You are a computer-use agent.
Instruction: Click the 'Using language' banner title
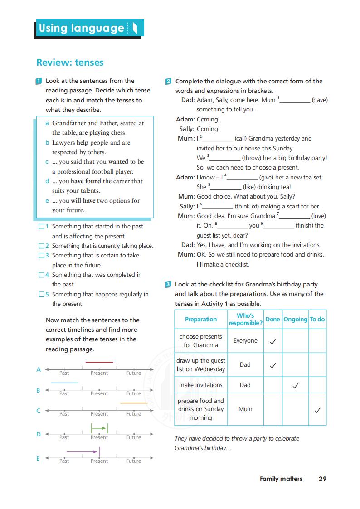[82, 28]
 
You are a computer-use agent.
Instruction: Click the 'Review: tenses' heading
[70, 63]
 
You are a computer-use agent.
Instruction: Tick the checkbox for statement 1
[42, 226]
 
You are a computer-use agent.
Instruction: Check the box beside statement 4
[42, 275]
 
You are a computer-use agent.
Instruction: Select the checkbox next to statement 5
[42, 294]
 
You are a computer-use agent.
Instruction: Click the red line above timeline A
[99, 362]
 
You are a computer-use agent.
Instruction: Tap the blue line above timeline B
[64, 383]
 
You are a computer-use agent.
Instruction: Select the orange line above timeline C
[134, 403]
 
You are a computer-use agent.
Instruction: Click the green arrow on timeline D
[99, 427]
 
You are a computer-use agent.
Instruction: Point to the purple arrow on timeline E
[82, 451]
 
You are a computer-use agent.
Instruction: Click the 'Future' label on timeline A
[134, 373]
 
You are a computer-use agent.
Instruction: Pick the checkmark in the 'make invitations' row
[295, 386]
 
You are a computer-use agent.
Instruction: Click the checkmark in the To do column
[317, 410]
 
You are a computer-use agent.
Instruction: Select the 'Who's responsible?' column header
[245, 319]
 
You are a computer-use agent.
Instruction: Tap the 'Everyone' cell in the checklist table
[245, 341]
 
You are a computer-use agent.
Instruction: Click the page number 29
[322, 479]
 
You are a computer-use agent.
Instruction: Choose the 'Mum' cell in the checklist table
[245, 409]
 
